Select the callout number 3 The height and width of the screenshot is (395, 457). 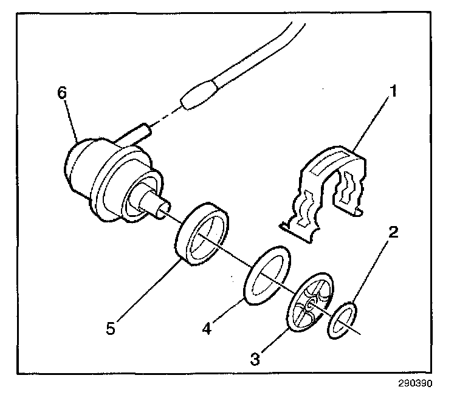255,359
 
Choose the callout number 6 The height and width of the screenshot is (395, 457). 62,94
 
